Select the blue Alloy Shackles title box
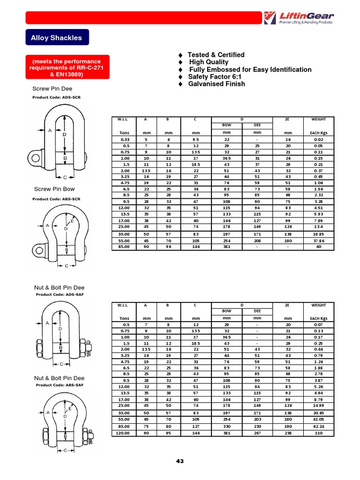pyautogui.click(x=57, y=37)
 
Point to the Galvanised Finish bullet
pyautogui.click(x=216, y=84)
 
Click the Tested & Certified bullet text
pyautogui.click(x=216, y=55)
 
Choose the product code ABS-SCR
pyautogui.click(x=56, y=199)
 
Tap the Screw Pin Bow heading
pyautogui.click(x=54, y=189)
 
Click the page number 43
pyautogui.click(x=180, y=461)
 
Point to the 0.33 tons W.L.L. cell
pyautogui.click(x=125, y=140)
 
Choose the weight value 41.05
pyautogui.click(x=319, y=420)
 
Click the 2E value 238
pyautogui.click(x=287, y=434)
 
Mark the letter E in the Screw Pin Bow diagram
pyautogui.click(x=72, y=220)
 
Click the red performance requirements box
pyautogui.click(x=66, y=68)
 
